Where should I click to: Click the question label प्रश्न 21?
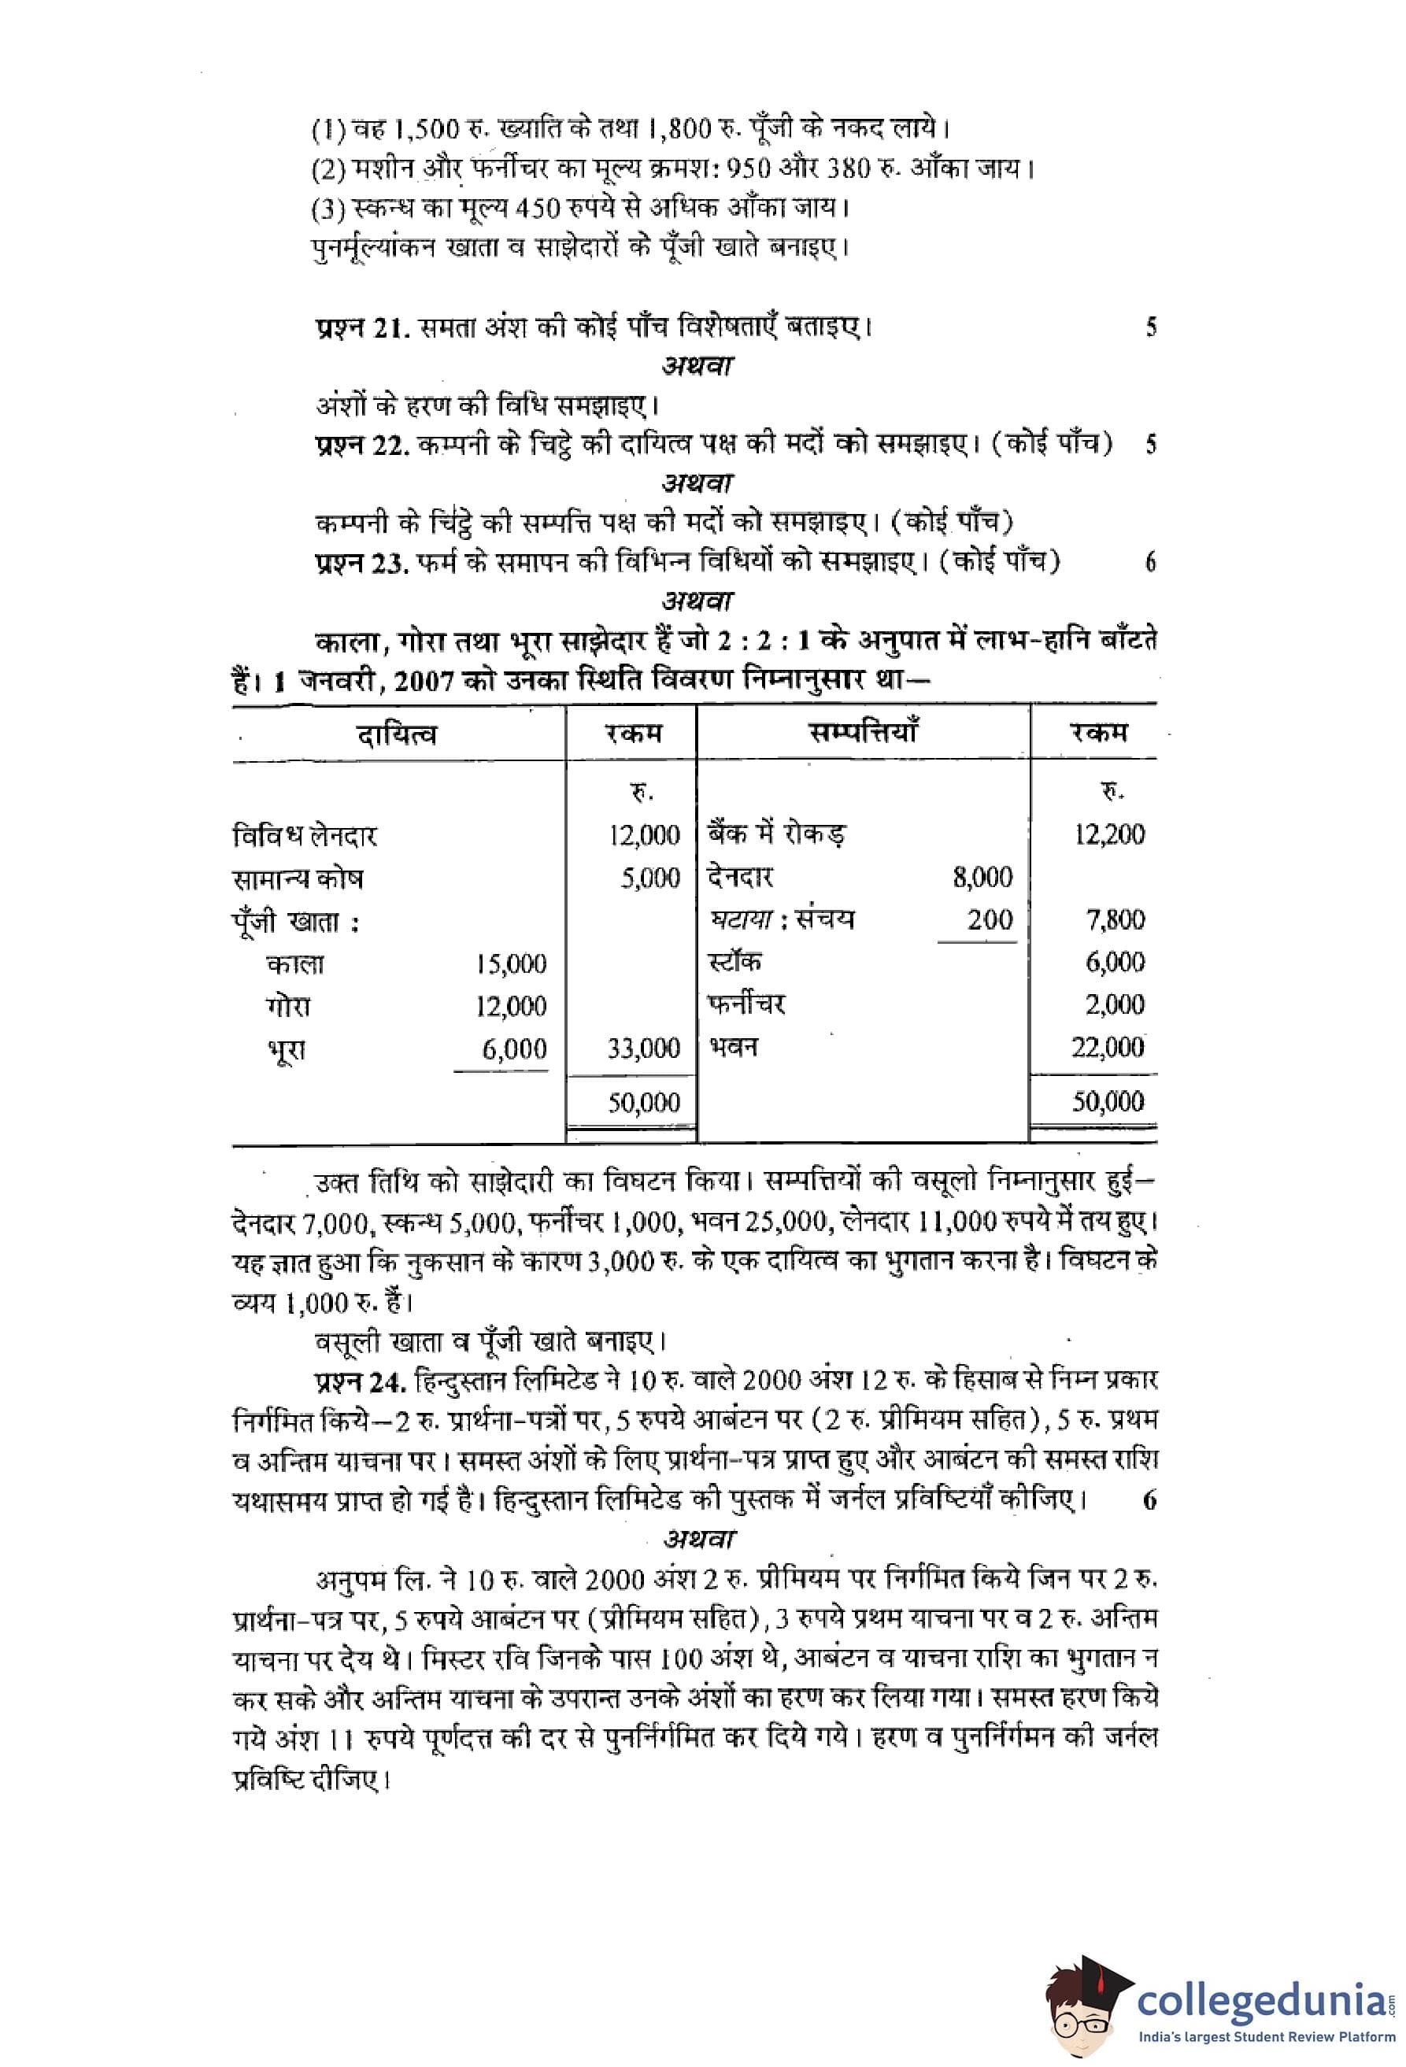point(361,328)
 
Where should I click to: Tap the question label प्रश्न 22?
point(361,445)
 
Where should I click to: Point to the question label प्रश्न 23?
point(361,563)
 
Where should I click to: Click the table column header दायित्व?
point(397,734)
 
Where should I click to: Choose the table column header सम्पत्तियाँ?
point(863,733)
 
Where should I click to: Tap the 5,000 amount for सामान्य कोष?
point(650,878)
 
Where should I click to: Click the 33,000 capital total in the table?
point(643,1048)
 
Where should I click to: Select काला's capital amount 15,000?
point(512,964)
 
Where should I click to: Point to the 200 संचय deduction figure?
point(990,919)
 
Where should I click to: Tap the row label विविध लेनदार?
point(305,836)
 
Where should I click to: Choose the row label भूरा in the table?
point(287,1049)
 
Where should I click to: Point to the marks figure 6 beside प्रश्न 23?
point(1150,563)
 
